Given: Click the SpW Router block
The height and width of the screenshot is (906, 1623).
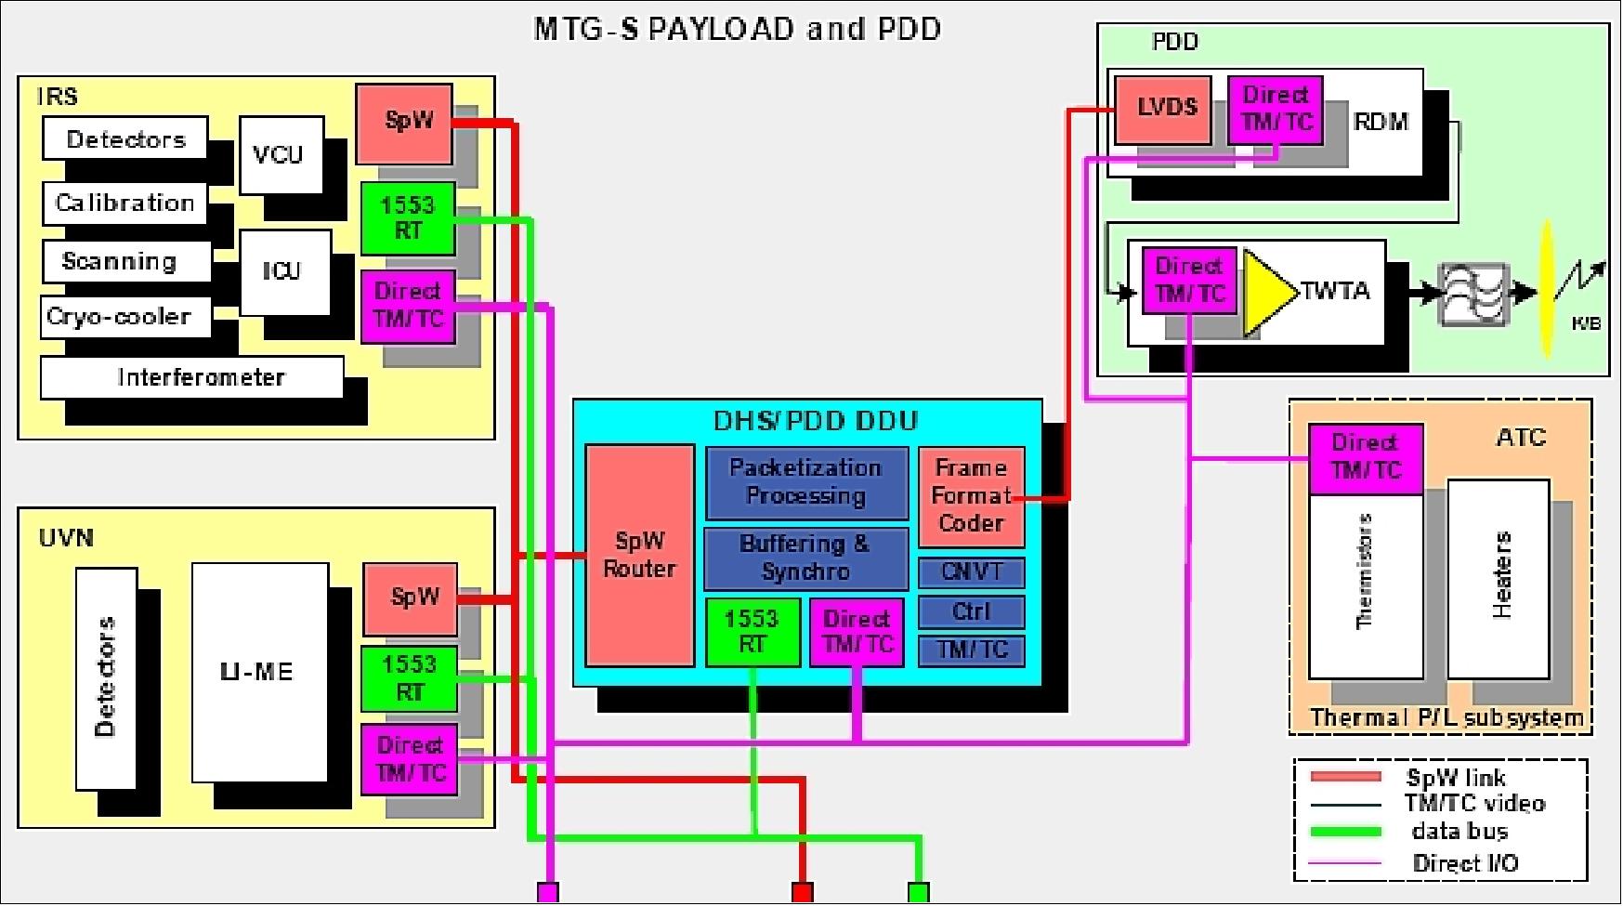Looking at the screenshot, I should [639, 555].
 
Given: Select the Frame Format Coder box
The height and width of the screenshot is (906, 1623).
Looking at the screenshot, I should [971, 495].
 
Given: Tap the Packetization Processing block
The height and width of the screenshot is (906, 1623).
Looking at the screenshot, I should [805, 481].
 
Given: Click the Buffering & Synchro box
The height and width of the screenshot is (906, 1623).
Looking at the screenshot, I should [805, 558].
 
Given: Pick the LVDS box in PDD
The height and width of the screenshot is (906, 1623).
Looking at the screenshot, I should [1163, 108].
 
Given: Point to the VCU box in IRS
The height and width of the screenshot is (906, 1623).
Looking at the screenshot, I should [281, 154].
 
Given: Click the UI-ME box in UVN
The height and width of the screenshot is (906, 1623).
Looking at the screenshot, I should [259, 671].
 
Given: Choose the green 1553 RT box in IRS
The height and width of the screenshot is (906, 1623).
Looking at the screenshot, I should [407, 217].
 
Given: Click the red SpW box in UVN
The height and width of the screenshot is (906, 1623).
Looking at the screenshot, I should [410, 597].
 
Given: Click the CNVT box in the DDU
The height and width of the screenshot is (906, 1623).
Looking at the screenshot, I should [971, 571].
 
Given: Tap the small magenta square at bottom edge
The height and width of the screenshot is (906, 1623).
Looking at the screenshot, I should [548, 892].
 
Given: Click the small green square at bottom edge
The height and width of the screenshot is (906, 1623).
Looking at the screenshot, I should [918, 892].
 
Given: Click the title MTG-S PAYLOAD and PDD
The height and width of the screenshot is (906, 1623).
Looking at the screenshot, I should [737, 29].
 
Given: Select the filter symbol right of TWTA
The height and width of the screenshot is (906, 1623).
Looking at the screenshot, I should [1470, 294].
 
